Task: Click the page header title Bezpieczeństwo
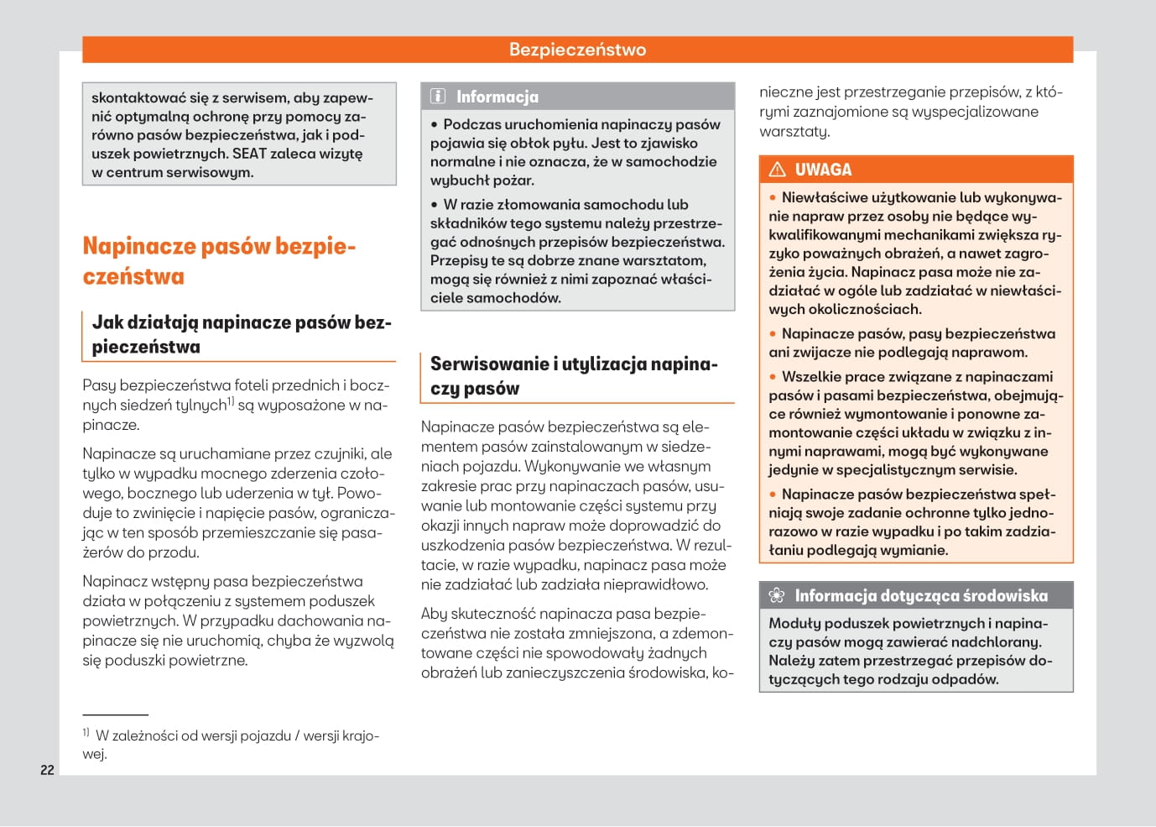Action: point(577,50)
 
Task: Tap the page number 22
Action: point(47,770)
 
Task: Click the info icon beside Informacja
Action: point(438,96)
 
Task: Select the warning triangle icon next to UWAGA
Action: point(777,170)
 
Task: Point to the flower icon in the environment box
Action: point(777,595)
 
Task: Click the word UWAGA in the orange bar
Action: point(823,170)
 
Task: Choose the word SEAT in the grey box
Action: point(249,154)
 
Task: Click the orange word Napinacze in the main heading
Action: point(135,246)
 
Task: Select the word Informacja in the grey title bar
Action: point(497,97)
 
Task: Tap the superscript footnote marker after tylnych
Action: point(231,401)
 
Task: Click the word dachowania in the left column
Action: point(323,620)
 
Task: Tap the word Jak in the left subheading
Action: point(107,322)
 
